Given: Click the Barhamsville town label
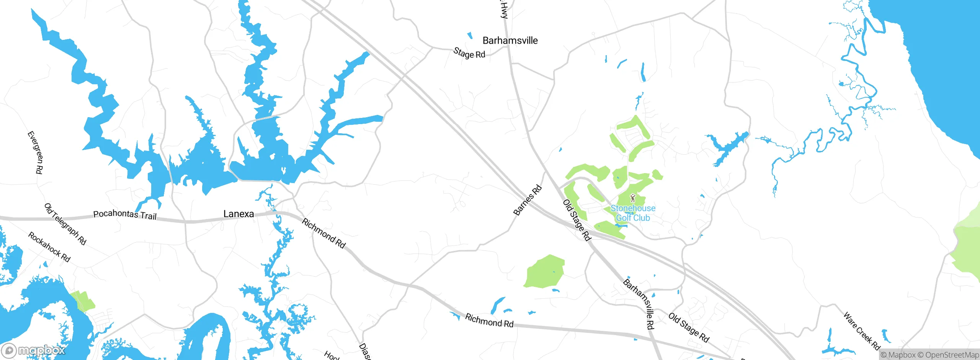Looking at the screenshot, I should click(x=510, y=41).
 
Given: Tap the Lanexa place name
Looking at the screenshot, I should click(x=238, y=214).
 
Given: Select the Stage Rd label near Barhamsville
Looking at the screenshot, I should click(x=469, y=53).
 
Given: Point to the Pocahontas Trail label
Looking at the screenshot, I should click(x=125, y=214).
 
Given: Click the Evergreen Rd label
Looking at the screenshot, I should click(x=35, y=152).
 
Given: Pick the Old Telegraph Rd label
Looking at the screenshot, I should click(x=65, y=224).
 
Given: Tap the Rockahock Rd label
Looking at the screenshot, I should click(x=49, y=247).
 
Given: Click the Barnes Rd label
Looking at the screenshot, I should click(x=528, y=200).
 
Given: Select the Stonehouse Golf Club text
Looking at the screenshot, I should click(x=633, y=213).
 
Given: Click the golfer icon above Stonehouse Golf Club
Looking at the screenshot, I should click(x=632, y=198).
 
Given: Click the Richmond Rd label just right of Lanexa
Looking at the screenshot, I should click(x=324, y=233).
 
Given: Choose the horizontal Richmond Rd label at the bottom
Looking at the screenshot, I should click(x=489, y=321).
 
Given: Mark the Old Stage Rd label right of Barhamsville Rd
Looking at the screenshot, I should click(x=689, y=327).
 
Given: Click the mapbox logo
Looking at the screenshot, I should click(x=34, y=350).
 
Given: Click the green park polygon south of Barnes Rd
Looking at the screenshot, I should click(x=544, y=272).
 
